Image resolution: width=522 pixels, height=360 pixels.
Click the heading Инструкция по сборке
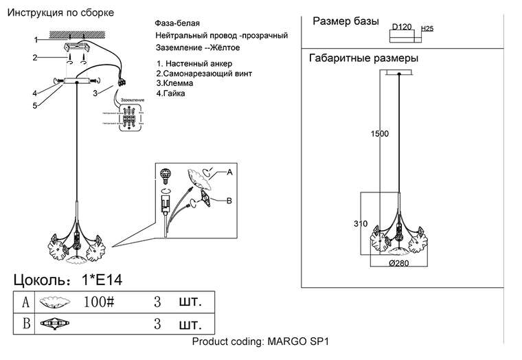[60, 13]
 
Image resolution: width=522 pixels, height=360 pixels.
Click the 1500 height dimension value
[381, 134]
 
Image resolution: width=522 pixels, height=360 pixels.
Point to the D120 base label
[401, 27]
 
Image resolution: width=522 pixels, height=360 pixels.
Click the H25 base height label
[426, 28]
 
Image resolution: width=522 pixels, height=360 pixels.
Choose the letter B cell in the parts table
[26, 324]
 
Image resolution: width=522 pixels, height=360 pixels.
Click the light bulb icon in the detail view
[165, 175]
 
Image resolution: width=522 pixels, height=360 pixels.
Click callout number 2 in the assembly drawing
[34, 58]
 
